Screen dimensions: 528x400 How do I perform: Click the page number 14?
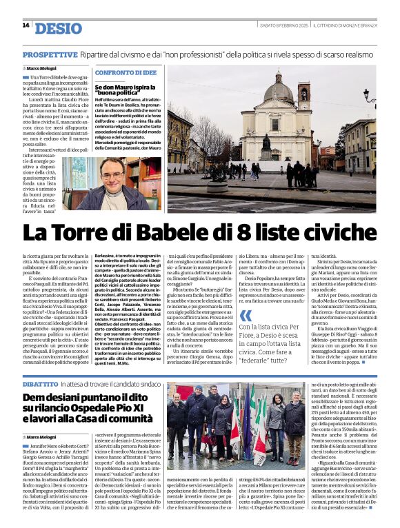click(x=26, y=26)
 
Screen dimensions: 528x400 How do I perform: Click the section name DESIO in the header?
click(x=57, y=28)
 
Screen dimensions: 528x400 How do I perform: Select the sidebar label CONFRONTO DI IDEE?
click(x=126, y=72)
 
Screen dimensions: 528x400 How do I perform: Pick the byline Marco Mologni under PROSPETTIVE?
click(x=43, y=69)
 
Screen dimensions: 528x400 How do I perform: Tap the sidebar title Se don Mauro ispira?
click(x=124, y=89)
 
